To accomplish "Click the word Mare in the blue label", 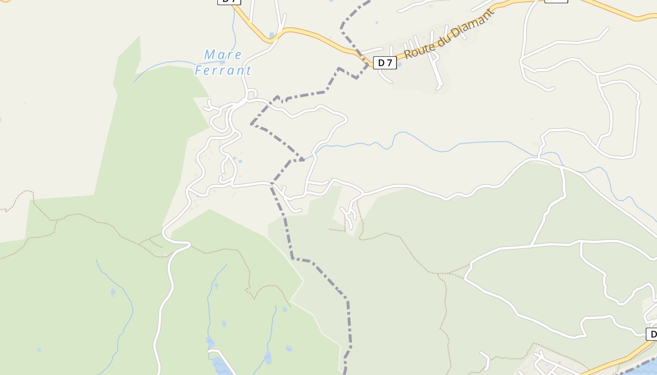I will (223, 55).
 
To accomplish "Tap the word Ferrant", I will (223, 71).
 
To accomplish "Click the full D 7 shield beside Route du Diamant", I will (385, 62).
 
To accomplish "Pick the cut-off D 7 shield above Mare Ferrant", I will (229, 1).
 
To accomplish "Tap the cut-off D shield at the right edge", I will (651, 334).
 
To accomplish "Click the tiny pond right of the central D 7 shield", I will (399, 64).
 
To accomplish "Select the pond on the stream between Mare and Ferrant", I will (222, 62).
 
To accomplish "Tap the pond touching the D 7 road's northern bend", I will (271, 35).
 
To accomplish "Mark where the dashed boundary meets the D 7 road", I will (367, 63).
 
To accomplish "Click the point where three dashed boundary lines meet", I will (302, 160).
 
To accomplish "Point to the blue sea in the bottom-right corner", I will (645, 368).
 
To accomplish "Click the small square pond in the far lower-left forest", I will (39, 349).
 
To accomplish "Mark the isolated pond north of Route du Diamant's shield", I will (376, 22).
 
